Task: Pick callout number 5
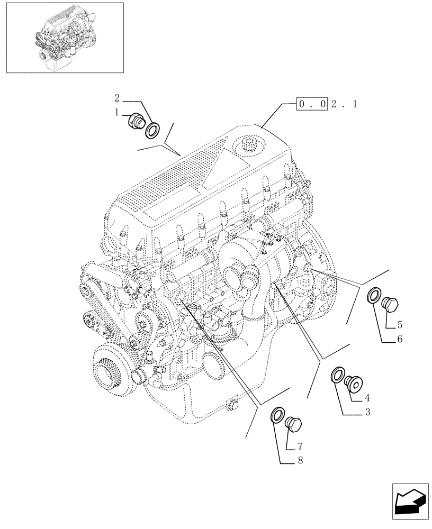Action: (x=399, y=324)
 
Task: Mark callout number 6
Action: (x=399, y=339)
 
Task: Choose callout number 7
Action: (x=300, y=446)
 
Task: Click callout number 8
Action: (x=300, y=461)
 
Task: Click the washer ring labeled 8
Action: (x=277, y=415)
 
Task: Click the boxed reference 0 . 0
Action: (x=312, y=104)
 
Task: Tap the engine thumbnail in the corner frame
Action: (x=64, y=37)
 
